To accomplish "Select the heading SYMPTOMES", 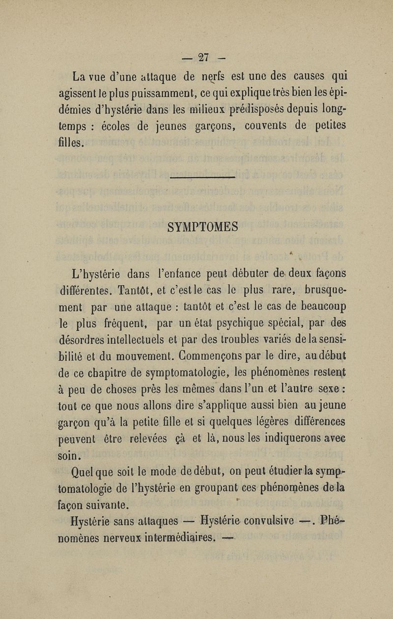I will [x=203, y=227].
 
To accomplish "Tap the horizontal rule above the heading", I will [x=202, y=178].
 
